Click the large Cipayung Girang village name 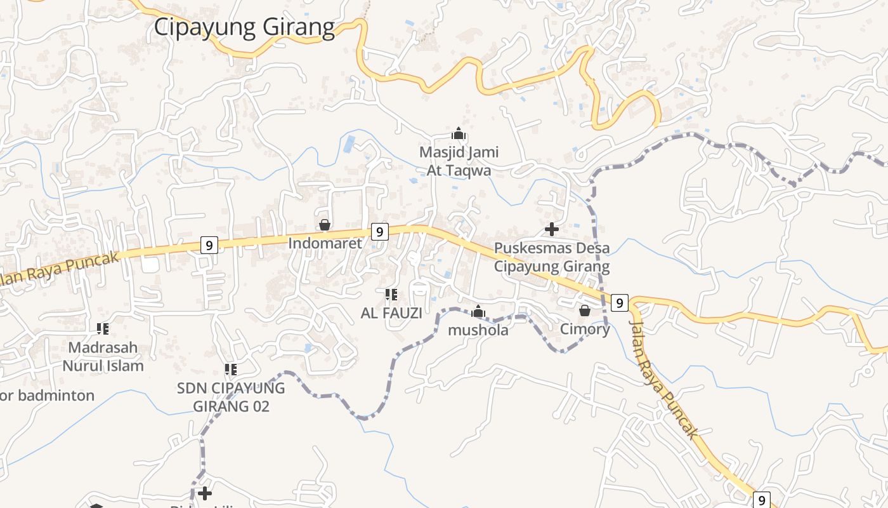click(x=244, y=27)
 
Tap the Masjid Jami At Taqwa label click(x=459, y=161)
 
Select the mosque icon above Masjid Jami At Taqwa click(x=459, y=134)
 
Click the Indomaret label click(x=325, y=243)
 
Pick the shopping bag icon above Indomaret click(x=325, y=225)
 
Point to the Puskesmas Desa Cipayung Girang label click(x=552, y=257)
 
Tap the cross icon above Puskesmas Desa click(x=552, y=229)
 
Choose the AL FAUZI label click(x=391, y=313)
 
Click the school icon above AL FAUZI click(x=391, y=295)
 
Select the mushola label click(x=478, y=330)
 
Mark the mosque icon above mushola click(x=478, y=312)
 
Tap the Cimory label click(x=584, y=329)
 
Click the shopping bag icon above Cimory click(x=584, y=311)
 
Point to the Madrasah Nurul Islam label click(x=103, y=357)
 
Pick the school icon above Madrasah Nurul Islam click(x=103, y=329)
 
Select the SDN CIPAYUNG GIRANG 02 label click(x=231, y=397)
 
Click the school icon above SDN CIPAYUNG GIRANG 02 click(x=231, y=369)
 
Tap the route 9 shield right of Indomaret click(x=379, y=232)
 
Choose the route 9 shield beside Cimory click(x=620, y=303)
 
